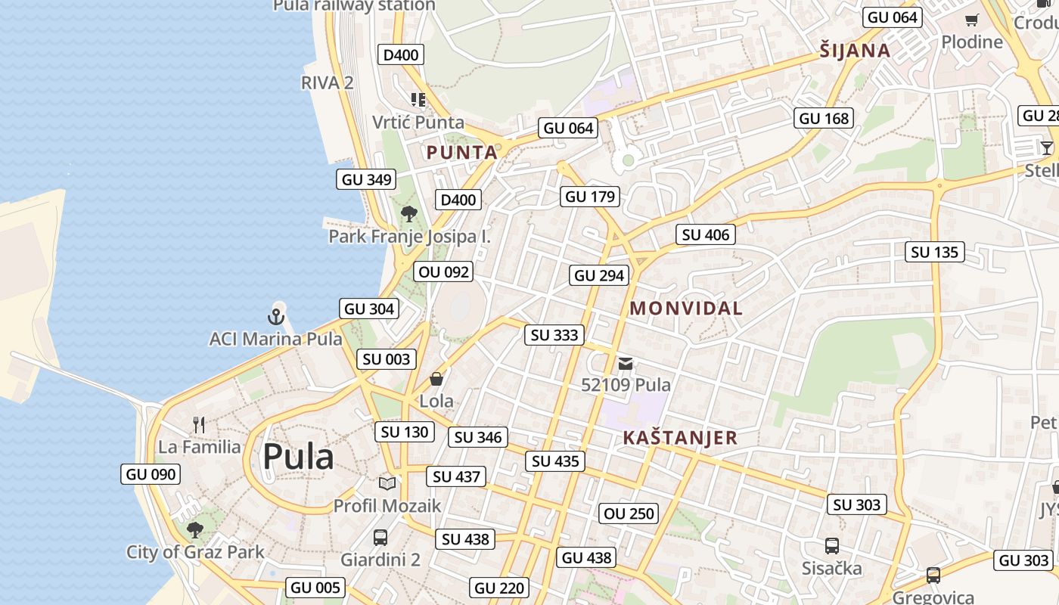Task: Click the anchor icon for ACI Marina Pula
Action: [x=276, y=316]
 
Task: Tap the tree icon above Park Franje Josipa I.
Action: [x=409, y=214]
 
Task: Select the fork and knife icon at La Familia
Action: [x=199, y=424]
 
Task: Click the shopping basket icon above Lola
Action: [x=436, y=378]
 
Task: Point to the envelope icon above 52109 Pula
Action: [x=626, y=364]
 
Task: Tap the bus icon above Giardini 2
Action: [x=380, y=538]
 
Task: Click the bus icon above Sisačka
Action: [x=832, y=545]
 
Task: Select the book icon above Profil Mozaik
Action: [x=387, y=482]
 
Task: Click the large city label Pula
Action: [x=298, y=457]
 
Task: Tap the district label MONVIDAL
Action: [x=686, y=309]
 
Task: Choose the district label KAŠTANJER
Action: [x=680, y=438]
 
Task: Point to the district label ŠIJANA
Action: [x=855, y=51]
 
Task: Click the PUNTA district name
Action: [x=462, y=153]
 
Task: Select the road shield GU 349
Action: [x=367, y=179]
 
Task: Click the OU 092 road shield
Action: [x=444, y=271]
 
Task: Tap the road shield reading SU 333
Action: [x=554, y=335]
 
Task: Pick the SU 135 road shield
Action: [x=934, y=252]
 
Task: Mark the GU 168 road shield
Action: [x=824, y=118]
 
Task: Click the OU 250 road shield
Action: [x=629, y=513]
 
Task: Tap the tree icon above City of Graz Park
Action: [x=195, y=529]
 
